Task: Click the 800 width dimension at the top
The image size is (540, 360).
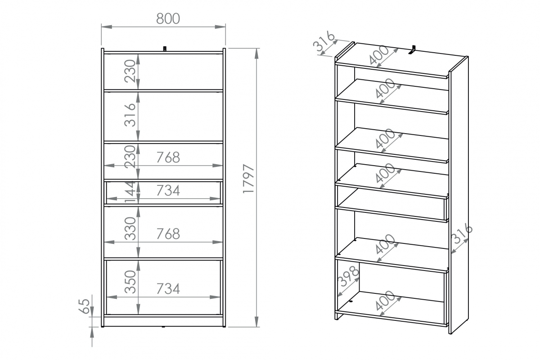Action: [168, 18]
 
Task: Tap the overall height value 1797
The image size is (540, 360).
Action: [248, 179]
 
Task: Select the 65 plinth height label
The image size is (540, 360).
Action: [84, 306]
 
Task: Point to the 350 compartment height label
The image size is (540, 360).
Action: [130, 282]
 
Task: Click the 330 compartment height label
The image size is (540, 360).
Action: [130, 228]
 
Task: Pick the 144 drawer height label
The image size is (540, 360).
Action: [130, 193]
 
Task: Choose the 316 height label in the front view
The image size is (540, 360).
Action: [130, 115]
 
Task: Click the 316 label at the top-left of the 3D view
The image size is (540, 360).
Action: [324, 41]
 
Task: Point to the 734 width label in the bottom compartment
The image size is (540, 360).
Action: [168, 288]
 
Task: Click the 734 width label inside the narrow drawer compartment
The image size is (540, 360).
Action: [168, 190]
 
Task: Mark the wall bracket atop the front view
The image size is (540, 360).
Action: [165, 49]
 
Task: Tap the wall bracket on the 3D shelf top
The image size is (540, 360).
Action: [413, 50]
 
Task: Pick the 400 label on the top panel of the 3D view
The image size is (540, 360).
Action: [379, 55]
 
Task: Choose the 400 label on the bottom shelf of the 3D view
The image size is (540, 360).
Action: [385, 301]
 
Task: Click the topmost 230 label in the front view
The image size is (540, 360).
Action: [130, 71]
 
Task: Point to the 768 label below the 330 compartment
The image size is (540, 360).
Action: [168, 234]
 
